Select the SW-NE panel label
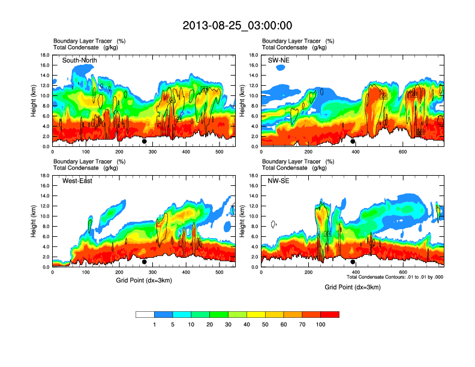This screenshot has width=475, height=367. tap(278, 61)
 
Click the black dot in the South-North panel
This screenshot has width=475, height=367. tap(144, 142)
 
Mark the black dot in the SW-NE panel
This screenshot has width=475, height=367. tap(353, 142)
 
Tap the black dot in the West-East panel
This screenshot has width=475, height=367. tap(144, 261)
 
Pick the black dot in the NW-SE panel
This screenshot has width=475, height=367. tap(353, 261)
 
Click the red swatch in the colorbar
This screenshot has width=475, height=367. tap(330, 314)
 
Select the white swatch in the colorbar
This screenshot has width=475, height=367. tap(145, 314)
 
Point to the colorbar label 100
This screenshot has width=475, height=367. tap(320, 324)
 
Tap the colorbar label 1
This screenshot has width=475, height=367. tap(155, 324)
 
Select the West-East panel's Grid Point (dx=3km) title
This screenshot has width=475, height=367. tap(143, 280)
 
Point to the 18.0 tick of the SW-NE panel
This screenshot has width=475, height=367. tap(254, 55)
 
